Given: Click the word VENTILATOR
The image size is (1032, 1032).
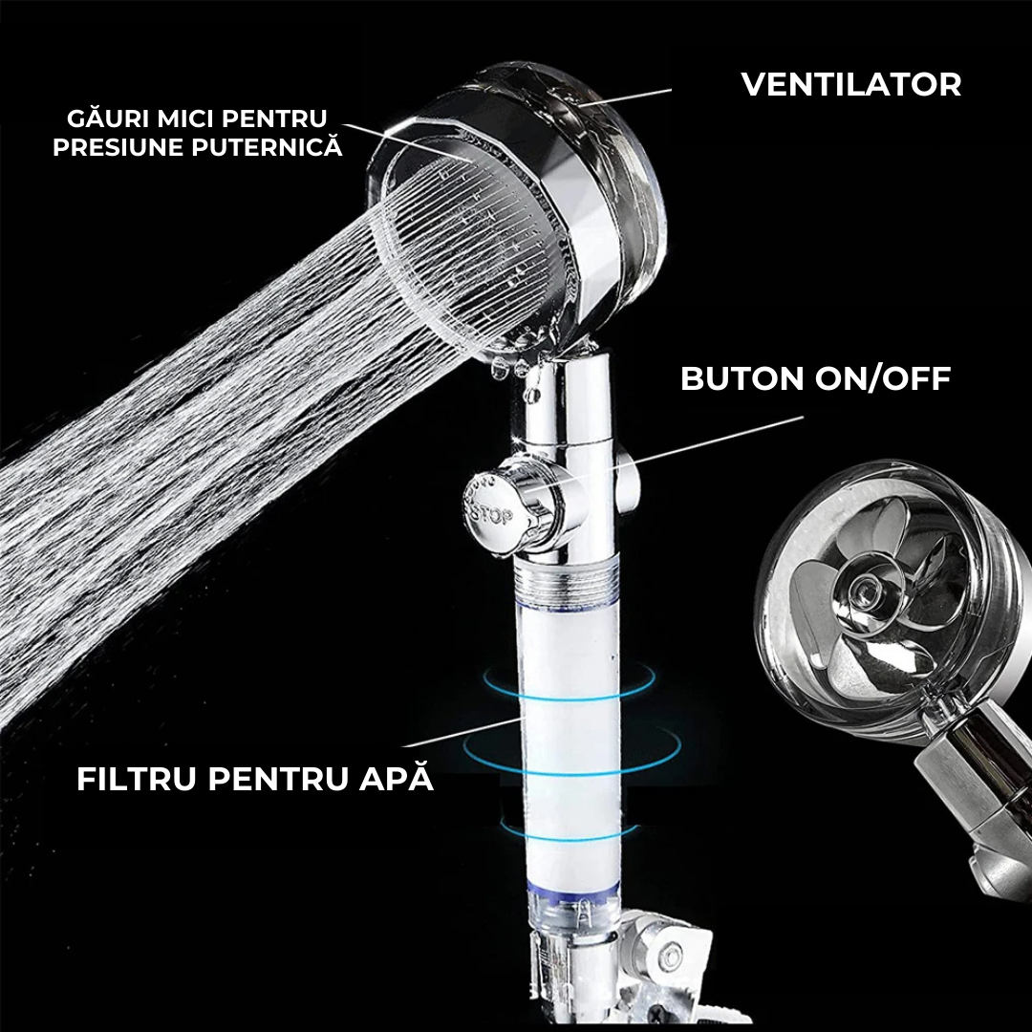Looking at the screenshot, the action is coord(851,84).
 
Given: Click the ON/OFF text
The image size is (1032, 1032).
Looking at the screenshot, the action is coord(883,378).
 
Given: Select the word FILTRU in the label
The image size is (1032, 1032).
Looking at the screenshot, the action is coord(137,779).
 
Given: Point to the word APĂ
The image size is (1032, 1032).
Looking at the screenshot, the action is coord(397,776).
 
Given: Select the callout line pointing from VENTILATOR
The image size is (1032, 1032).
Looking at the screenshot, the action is coord(625,97).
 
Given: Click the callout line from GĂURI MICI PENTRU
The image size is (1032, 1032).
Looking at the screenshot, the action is coord(407,140).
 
